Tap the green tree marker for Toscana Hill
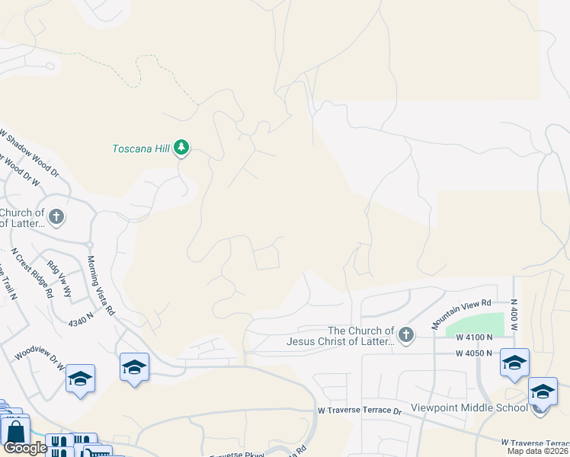click(x=181, y=147)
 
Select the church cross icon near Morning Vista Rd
click(x=56, y=218)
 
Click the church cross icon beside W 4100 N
click(x=406, y=334)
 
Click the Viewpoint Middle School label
click(x=469, y=407)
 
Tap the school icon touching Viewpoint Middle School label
click(x=542, y=393)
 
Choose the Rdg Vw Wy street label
click(x=59, y=278)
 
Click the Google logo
click(x=25, y=448)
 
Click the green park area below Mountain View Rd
click(x=477, y=327)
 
